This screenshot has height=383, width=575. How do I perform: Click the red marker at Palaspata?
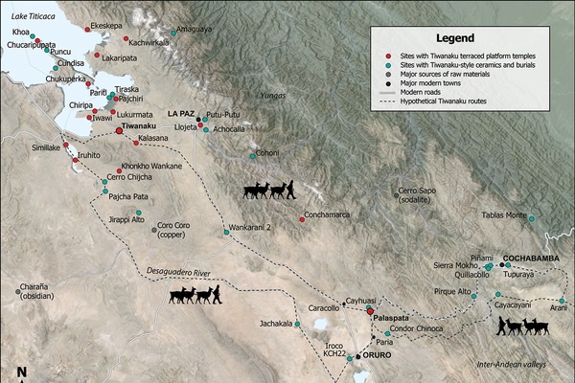pos(370,311)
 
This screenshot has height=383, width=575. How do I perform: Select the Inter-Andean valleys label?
pos(512,364)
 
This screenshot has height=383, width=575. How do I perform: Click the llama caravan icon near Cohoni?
pos(268,189)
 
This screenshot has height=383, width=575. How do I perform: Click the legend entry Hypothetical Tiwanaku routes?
pos(451,101)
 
